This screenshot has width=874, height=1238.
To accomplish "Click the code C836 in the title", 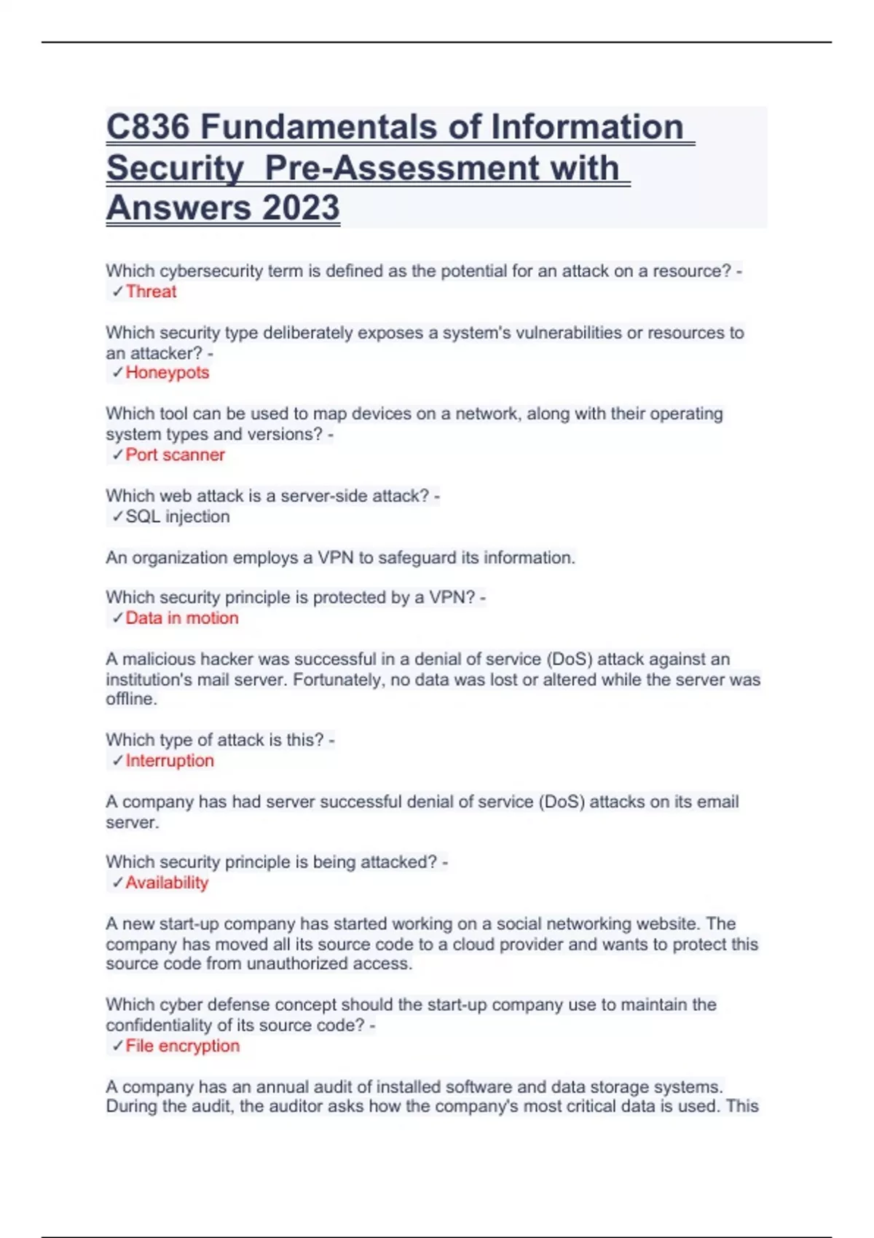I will (149, 127).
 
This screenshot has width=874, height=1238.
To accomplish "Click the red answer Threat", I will (151, 291).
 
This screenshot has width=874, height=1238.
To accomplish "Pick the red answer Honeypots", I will (167, 372).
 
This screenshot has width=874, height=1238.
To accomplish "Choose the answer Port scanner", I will (175, 454).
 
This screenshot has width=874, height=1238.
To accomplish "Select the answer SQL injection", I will (177, 516).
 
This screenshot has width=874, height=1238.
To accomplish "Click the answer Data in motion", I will (181, 618).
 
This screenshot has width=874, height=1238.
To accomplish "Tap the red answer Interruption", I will (170, 760).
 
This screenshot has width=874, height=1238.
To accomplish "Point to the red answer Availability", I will (167, 883).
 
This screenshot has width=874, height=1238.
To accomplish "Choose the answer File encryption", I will (182, 1046).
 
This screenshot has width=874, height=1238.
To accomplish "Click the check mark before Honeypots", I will (117, 373).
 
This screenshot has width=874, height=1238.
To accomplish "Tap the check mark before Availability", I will (117, 883).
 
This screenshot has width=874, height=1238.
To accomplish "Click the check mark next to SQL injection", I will (117, 516).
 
